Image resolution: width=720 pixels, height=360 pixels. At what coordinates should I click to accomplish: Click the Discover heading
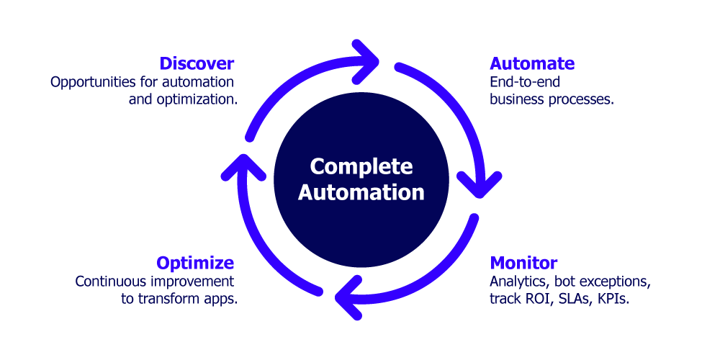pyautogui.click(x=197, y=63)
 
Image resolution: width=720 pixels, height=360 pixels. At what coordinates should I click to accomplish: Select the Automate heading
pyautogui.click(x=531, y=63)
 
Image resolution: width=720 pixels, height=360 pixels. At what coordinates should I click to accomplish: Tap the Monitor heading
pyautogui.click(x=523, y=263)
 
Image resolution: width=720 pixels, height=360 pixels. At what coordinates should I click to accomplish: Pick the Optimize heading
pyautogui.click(x=194, y=263)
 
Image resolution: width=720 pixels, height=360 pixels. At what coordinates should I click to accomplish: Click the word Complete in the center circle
pyautogui.click(x=361, y=167)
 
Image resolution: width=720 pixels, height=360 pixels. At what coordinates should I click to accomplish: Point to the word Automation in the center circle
pyautogui.click(x=361, y=193)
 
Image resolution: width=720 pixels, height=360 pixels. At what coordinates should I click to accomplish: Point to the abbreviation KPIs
pyautogui.click(x=613, y=298)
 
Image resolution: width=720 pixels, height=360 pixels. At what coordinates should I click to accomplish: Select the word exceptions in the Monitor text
pyautogui.click(x=617, y=281)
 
